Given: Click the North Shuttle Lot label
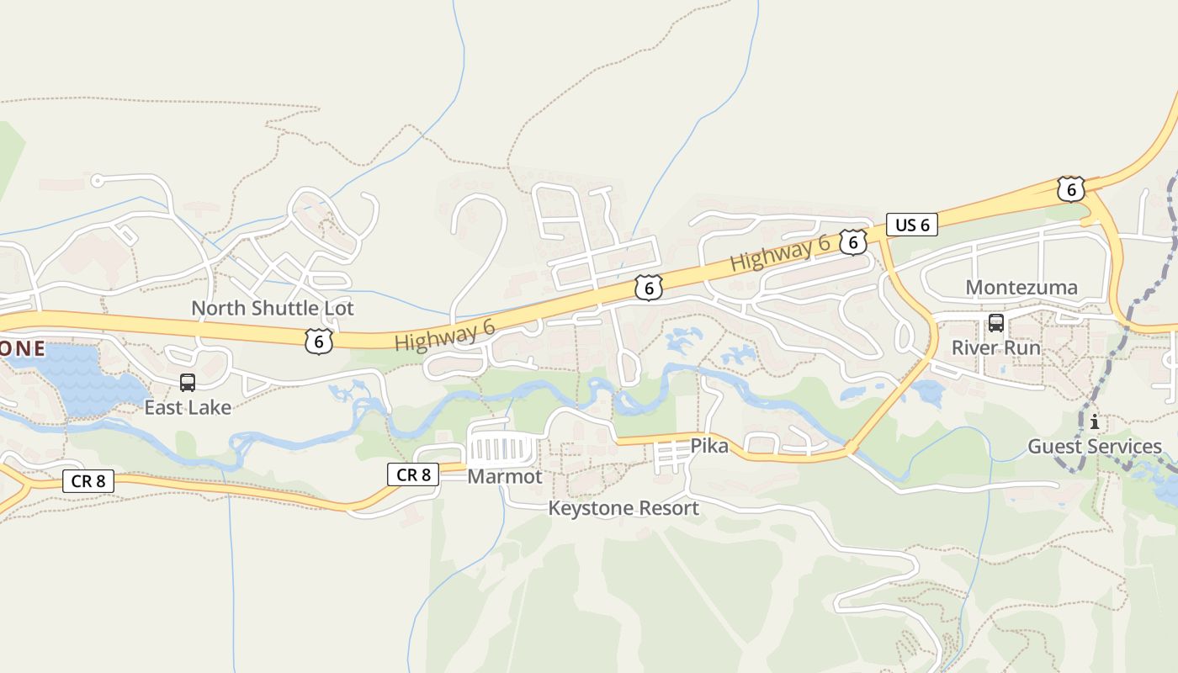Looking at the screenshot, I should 273,308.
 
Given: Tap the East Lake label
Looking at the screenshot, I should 188,407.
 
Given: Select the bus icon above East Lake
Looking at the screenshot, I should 188,383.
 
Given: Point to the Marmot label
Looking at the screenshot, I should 505,476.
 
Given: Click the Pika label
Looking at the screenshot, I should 709,446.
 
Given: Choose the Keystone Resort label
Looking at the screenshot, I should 623,508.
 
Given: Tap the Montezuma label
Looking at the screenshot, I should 1021,288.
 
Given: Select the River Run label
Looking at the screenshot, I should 996,347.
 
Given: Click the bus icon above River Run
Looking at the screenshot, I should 996,323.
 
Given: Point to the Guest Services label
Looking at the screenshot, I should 1095,446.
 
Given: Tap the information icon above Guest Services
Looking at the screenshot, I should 1095,421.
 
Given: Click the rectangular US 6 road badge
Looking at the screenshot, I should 912,225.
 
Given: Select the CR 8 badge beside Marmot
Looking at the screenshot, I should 413,474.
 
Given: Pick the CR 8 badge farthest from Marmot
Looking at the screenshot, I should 88,481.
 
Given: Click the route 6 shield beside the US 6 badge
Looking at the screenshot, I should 853,242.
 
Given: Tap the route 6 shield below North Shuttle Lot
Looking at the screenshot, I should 319,341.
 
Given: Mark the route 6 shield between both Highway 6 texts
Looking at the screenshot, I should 648,288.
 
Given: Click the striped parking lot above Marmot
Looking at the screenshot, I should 503,449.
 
